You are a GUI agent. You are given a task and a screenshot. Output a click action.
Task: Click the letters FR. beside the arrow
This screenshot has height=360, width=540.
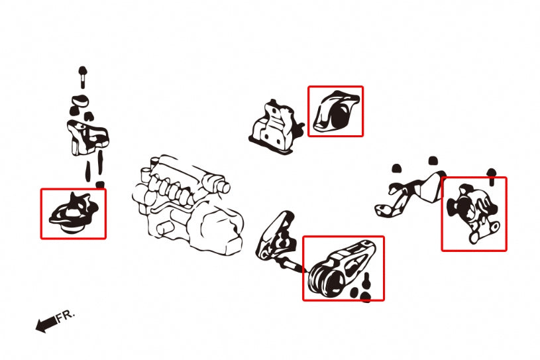pos(66,316)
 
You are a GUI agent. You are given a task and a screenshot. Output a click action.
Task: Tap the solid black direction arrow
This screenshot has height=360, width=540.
pos(46,324)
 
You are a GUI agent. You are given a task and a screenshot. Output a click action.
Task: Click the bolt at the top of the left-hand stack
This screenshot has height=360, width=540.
pos(83,77)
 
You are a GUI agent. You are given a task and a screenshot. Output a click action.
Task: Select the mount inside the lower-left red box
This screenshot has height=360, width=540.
pos(74,213)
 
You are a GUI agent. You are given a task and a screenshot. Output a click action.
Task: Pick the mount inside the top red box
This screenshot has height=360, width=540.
pos(335,111)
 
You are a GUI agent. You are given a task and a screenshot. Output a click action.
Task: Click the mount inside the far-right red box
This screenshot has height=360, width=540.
pos(473,213)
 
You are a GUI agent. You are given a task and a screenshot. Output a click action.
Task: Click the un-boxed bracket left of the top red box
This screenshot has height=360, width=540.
pos(276,127)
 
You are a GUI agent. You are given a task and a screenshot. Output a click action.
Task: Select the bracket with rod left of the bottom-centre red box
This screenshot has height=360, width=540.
pos(277,239)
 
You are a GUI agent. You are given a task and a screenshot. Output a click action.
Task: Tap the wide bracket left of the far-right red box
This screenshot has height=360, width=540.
pos(410,195)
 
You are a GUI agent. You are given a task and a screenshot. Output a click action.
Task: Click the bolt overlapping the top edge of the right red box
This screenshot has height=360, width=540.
pos(492,177)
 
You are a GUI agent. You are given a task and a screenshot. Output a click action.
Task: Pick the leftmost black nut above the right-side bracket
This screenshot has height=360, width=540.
pos(397,168)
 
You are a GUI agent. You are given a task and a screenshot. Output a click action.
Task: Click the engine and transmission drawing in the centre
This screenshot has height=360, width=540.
pos(188,205)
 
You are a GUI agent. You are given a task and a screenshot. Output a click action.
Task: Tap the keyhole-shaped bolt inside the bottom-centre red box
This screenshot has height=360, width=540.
pos(366,280)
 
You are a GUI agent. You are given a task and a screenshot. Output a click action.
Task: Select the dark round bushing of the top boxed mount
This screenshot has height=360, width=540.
pos(341,116)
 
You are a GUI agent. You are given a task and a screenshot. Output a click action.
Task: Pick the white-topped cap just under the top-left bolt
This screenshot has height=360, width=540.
pos(81,100)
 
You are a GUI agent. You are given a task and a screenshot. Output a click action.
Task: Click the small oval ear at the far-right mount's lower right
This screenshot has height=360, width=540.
pos(495,227)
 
